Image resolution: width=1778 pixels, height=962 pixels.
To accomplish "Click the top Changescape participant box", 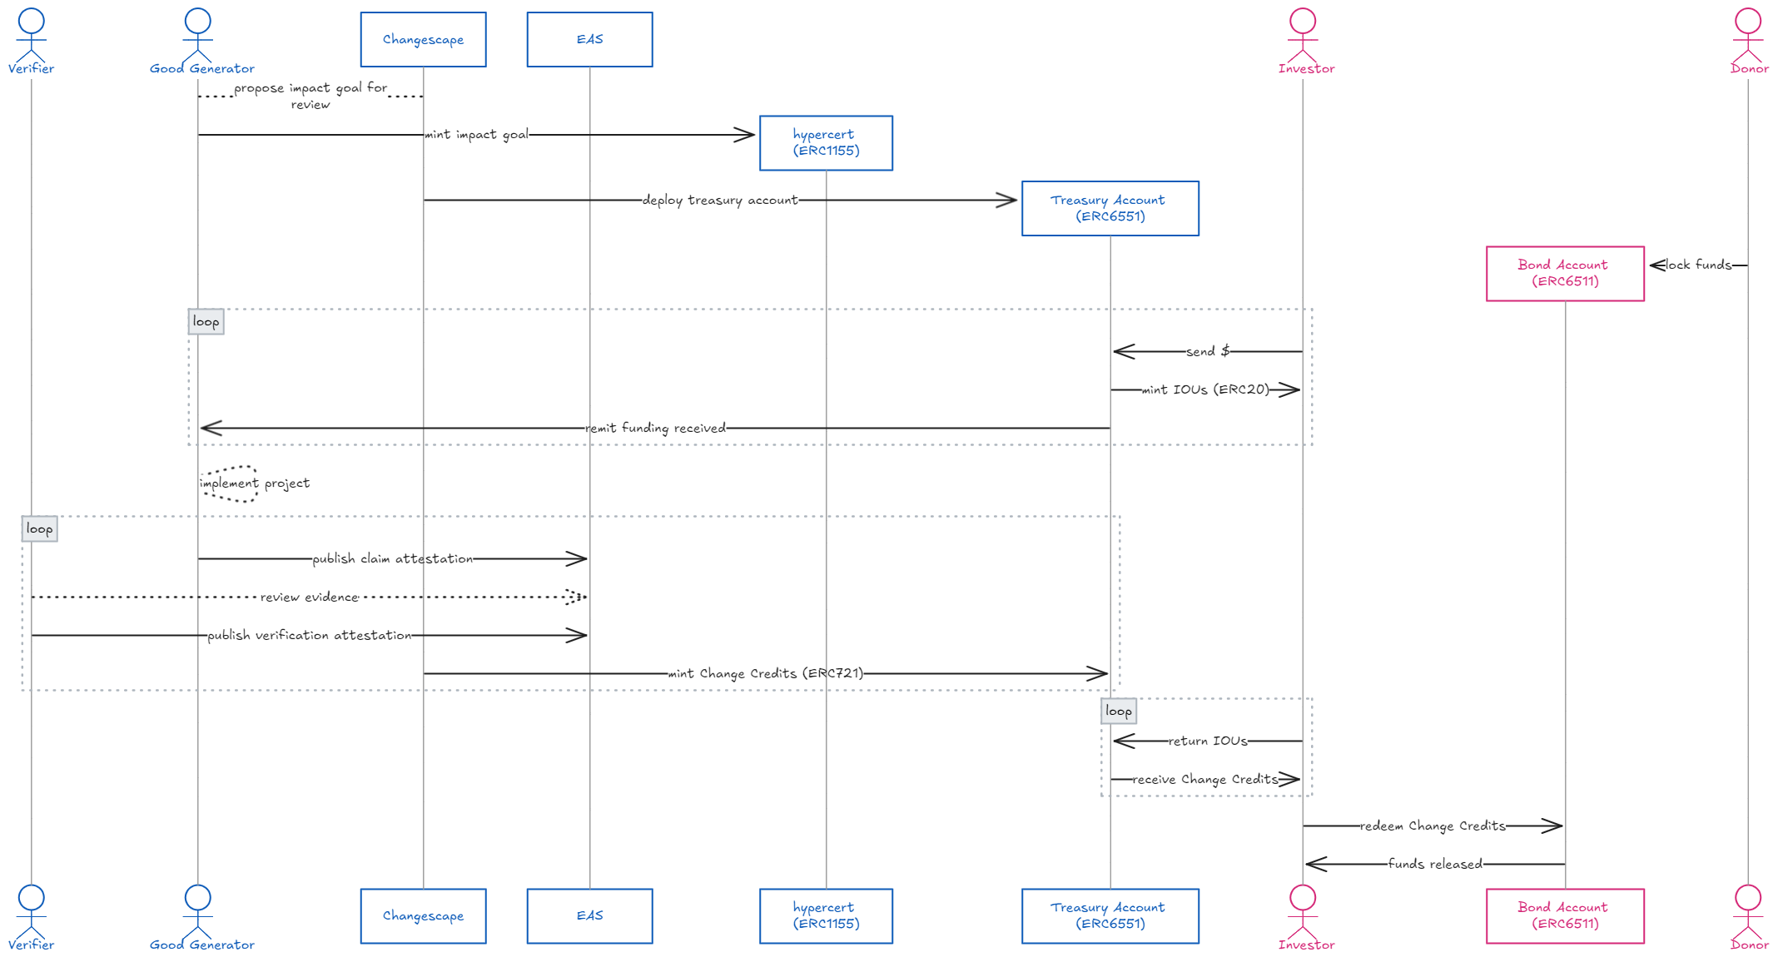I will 423,39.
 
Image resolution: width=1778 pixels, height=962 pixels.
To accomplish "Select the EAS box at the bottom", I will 589,915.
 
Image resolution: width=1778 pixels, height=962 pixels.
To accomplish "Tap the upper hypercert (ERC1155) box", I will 826,143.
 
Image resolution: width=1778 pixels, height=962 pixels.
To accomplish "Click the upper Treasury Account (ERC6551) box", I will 1110,208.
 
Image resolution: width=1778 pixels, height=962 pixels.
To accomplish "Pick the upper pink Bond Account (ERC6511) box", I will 1565,273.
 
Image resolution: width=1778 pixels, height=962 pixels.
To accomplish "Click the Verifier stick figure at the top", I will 32,37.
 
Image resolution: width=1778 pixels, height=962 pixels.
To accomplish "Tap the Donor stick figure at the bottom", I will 1748,914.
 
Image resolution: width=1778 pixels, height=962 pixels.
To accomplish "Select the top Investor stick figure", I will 1303,37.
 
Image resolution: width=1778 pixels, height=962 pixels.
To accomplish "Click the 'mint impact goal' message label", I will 477,135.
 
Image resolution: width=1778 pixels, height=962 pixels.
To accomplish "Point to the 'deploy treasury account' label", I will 720,201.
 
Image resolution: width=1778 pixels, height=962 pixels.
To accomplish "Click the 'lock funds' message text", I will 1698,265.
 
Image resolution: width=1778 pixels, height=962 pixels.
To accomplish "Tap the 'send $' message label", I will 1208,352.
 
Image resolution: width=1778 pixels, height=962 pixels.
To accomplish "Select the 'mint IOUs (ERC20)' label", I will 1206,389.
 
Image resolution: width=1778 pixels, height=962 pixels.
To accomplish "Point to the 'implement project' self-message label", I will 256,483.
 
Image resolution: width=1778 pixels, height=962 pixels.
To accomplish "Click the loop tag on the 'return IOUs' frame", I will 1118,712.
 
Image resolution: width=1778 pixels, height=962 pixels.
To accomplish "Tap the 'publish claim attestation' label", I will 393,559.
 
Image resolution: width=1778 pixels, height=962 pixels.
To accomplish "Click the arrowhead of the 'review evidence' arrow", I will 579,597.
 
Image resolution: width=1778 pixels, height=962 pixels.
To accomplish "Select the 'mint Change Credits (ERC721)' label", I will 766,673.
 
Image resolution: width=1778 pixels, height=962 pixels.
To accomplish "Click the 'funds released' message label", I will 1435,864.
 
